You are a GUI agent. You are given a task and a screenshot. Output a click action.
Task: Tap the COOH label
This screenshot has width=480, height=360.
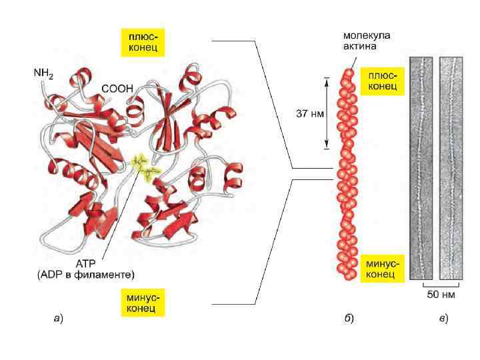[x=117, y=87]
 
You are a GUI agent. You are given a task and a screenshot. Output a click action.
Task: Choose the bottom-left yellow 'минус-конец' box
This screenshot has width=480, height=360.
[x=143, y=301]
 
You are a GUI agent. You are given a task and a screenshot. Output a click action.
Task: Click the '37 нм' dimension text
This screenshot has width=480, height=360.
[x=309, y=113]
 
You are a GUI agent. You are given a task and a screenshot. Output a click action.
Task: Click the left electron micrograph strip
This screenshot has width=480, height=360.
[x=421, y=167]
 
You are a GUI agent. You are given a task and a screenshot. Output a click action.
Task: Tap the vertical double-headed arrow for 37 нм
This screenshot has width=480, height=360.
[x=327, y=114]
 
